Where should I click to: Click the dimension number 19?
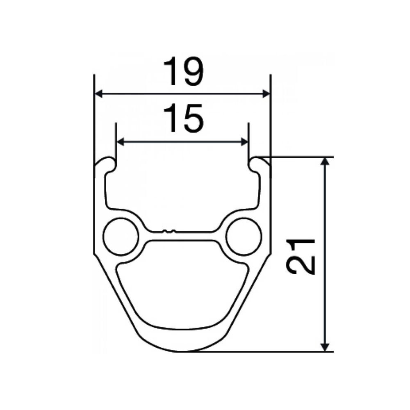tap(183, 72)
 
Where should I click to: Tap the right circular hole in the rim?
tap(244, 238)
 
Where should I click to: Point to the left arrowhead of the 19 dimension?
tap(99, 94)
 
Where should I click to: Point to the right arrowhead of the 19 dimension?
tap(266, 94)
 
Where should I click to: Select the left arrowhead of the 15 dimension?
tap(121, 142)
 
